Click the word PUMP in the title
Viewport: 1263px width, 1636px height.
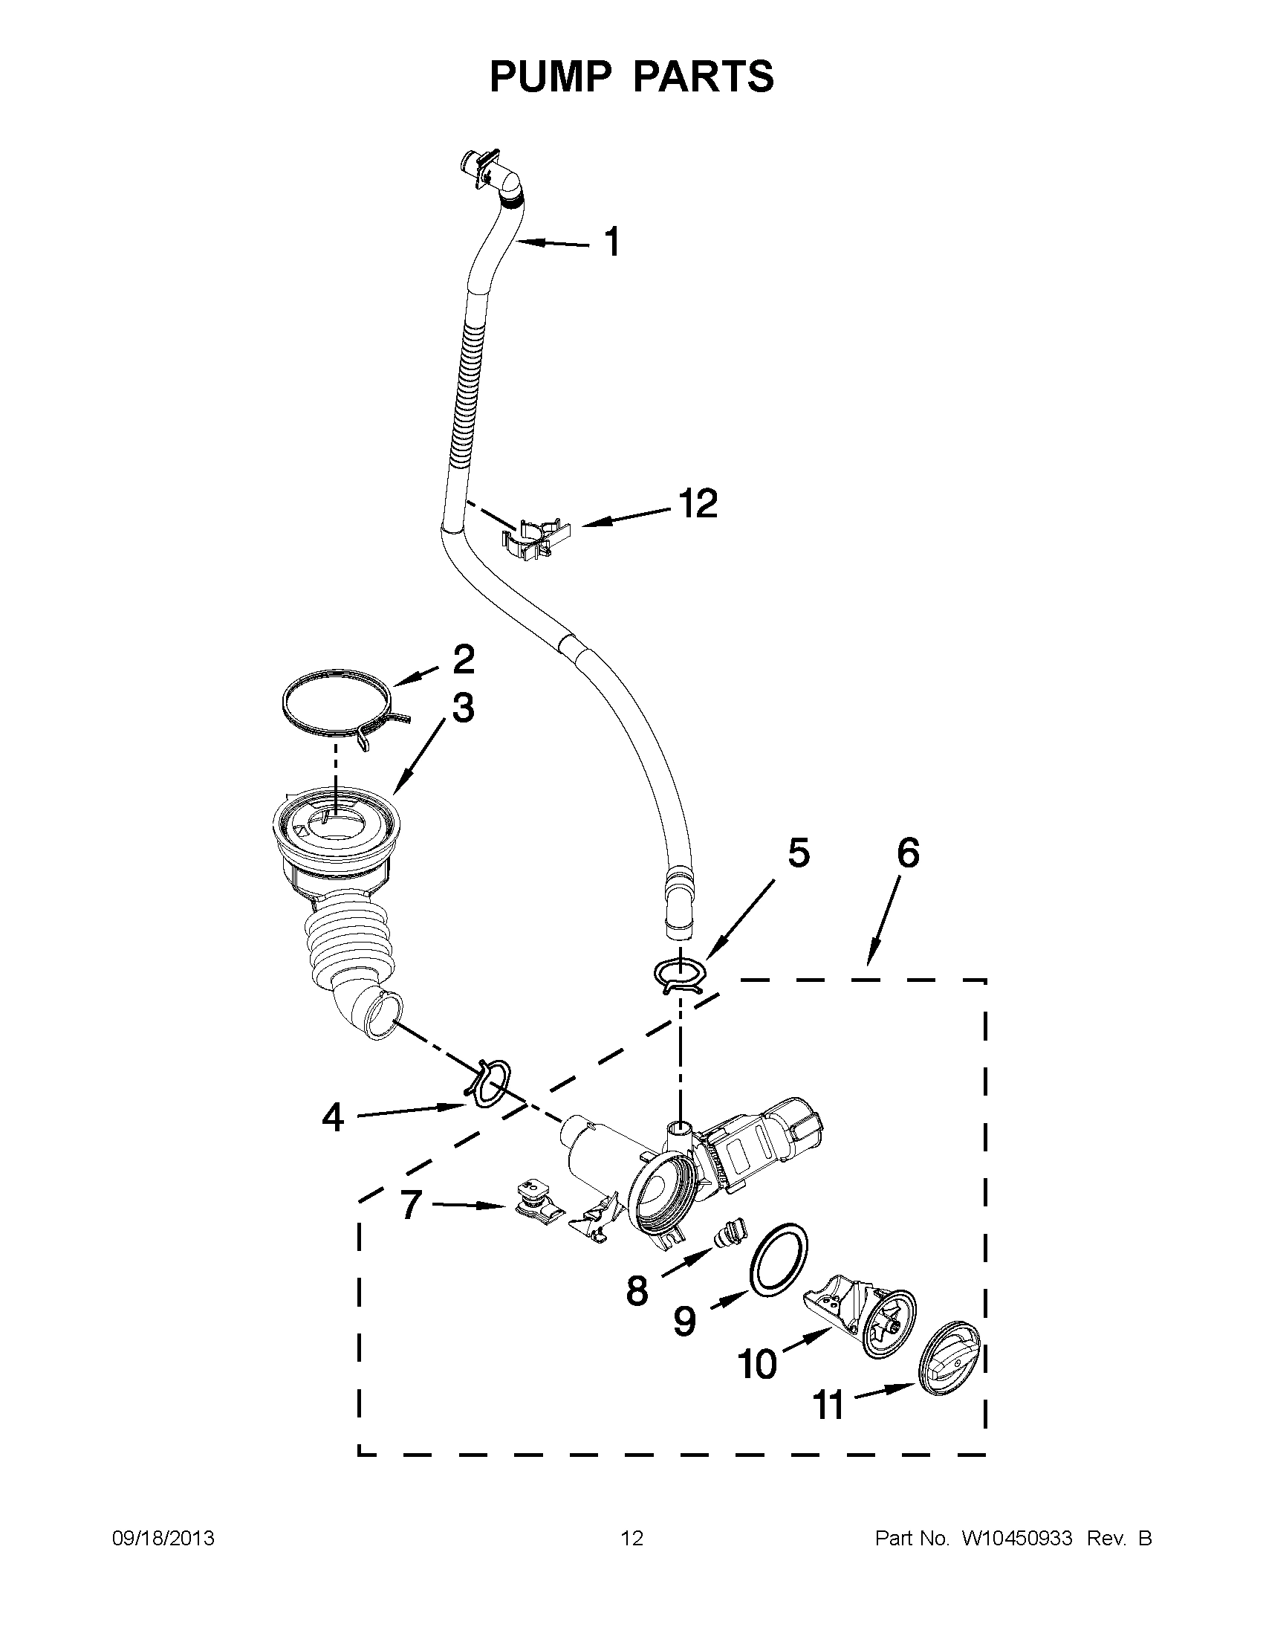point(551,77)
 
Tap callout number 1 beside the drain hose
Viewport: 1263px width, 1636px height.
point(612,243)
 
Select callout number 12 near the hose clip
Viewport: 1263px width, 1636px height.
point(698,504)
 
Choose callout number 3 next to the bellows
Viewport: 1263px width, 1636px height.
point(463,708)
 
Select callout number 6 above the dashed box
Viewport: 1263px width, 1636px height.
point(907,853)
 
